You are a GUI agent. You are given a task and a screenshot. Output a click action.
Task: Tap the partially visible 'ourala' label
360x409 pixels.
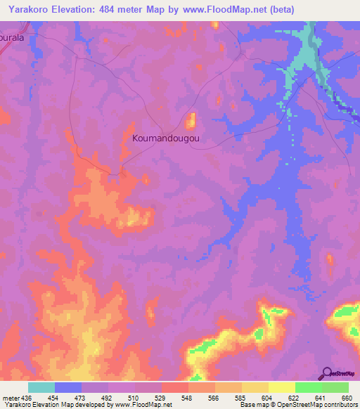(x=16, y=39)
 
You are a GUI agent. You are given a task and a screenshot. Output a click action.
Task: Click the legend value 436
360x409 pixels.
(x=28, y=397)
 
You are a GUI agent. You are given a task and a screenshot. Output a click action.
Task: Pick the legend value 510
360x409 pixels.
(x=134, y=397)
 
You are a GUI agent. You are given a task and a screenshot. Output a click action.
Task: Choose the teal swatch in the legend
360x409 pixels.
(x=41, y=387)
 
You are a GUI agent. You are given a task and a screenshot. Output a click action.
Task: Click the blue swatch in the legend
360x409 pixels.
(x=68, y=387)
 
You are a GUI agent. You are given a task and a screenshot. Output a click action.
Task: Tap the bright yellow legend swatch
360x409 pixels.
(x=281, y=387)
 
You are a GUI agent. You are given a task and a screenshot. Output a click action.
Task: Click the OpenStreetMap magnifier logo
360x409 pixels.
(x=326, y=373)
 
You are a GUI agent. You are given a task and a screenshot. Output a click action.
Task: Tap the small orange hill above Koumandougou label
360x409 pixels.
(x=191, y=119)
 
